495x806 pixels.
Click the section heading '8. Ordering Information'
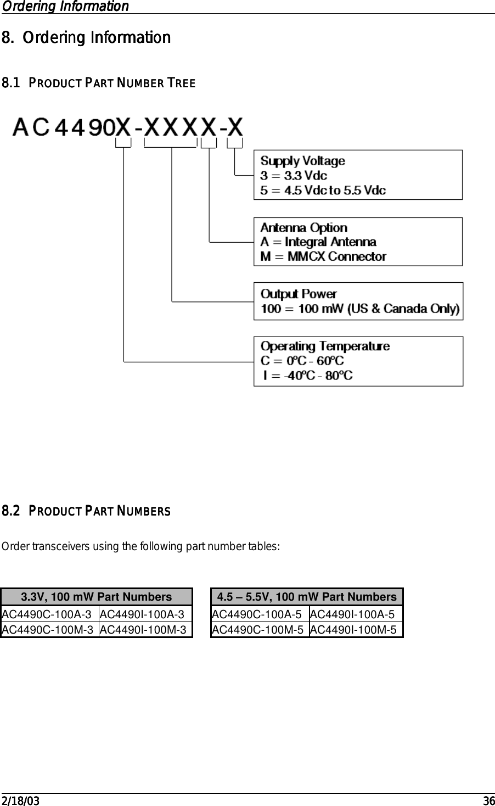pos(86,38)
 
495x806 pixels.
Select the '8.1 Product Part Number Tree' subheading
pos(99,83)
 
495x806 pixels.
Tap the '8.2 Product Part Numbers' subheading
pos(86,512)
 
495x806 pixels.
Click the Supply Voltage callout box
pos(358,175)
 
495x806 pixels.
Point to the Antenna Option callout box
pos(358,242)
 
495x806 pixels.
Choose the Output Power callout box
pos(358,301)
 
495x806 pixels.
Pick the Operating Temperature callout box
pos(358,361)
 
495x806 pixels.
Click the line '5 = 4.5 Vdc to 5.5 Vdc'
pos(323,190)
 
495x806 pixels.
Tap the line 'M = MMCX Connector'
pos(323,256)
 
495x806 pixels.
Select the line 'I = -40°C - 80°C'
pos(308,376)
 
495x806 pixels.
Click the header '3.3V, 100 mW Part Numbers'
pos(96,597)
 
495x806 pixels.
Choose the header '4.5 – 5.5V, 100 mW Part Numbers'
pos(307,597)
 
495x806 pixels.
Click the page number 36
pos(489,801)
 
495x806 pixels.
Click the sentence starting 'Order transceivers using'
pos(141,547)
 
